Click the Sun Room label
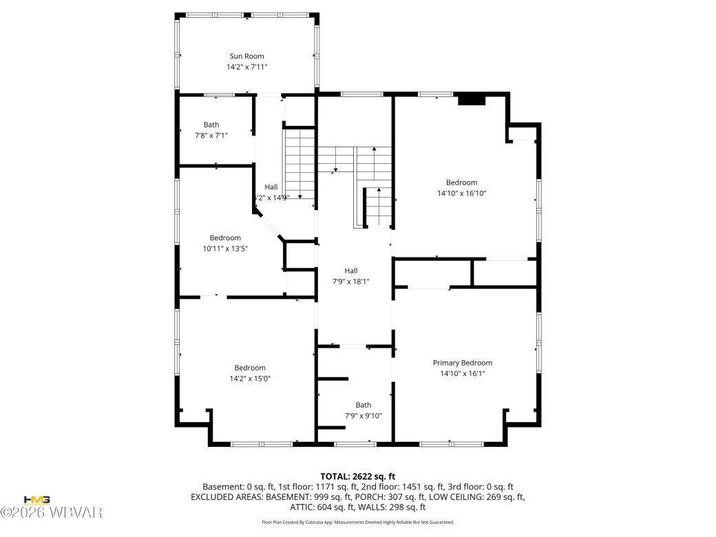click(x=246, y=56)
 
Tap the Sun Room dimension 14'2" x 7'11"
click(x=246, y=67)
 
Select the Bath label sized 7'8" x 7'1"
click(x=211, y=125)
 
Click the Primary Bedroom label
click(x=462, y=363)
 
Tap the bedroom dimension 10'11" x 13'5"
click(x=225, y=249)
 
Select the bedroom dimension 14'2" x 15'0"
click(x=249, y=379)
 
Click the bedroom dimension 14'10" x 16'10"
click(x=461, y=193)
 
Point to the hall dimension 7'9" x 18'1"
click(x=351, y=281)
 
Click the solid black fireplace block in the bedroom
click(x=472, y=100)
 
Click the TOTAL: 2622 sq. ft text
click(x=357, y=476)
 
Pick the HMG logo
click(x=36, y=500)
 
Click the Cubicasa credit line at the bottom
click(x=357, y=523)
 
